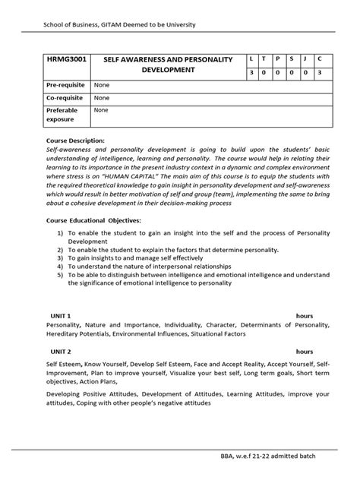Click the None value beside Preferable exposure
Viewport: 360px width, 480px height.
[100, 110]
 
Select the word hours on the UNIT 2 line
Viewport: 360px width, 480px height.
[305, 352]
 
